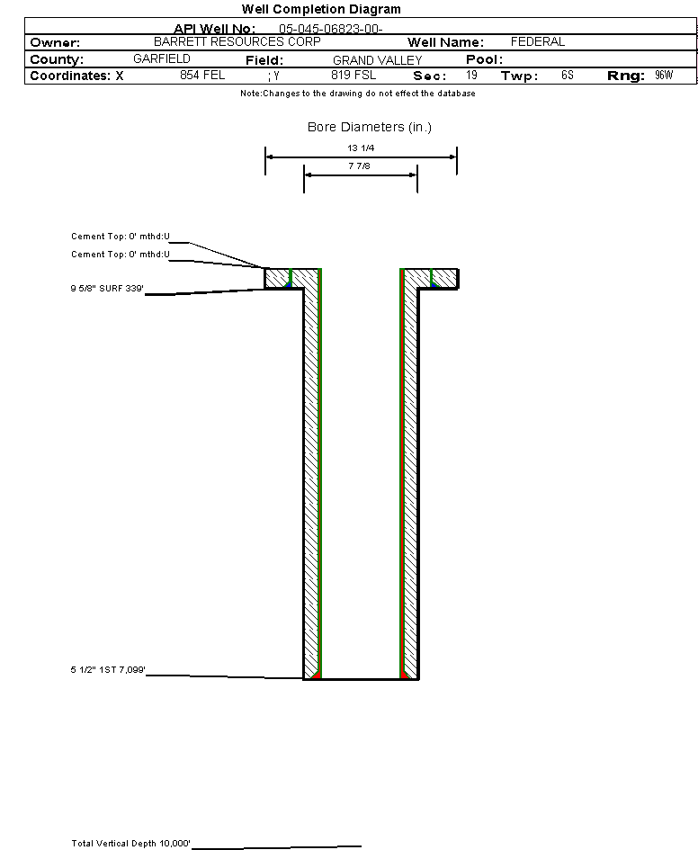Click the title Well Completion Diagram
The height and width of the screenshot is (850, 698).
(x=321, y=9)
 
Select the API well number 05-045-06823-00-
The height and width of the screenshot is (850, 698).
(x=331, y=29)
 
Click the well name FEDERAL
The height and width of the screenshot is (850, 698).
(x=537, y=42)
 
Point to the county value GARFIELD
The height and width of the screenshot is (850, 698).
(x=162, y=59)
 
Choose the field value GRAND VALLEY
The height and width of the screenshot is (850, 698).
(x=377, y=60)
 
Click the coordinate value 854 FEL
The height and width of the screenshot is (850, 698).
(x=202, y=76)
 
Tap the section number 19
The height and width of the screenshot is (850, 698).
(x=471, y=76)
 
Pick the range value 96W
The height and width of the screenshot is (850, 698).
(x=664, y=76)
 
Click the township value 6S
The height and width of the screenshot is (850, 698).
(x=567, y=76)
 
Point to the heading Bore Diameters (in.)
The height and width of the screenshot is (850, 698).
(x=370, y=128)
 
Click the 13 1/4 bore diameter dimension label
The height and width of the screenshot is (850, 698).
(x=361, y=148)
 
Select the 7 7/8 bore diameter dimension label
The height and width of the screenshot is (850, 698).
(x=360, y=166)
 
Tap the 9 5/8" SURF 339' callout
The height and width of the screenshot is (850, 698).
(x=108, y=289)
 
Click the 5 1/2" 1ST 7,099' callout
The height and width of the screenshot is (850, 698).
(x=108, y=670)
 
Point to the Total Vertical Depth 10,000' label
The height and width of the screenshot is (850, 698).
(x=131, y=844)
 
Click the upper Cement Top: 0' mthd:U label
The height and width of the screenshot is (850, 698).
(x=121, y=237)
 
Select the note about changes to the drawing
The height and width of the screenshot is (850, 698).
(x=358, y=94)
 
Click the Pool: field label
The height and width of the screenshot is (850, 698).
(x=483, y=59)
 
